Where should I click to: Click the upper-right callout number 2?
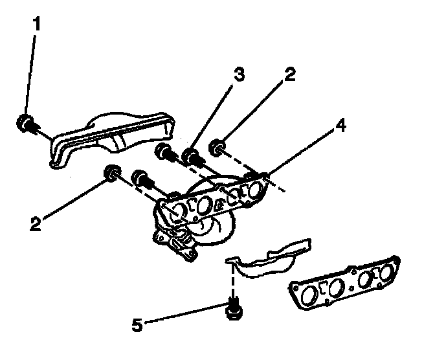(x=289, y=75)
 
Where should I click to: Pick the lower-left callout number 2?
(x=36, y=223)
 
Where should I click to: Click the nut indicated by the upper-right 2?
(x=217, y=151)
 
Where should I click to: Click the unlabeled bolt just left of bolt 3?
(x=164, y=153)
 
